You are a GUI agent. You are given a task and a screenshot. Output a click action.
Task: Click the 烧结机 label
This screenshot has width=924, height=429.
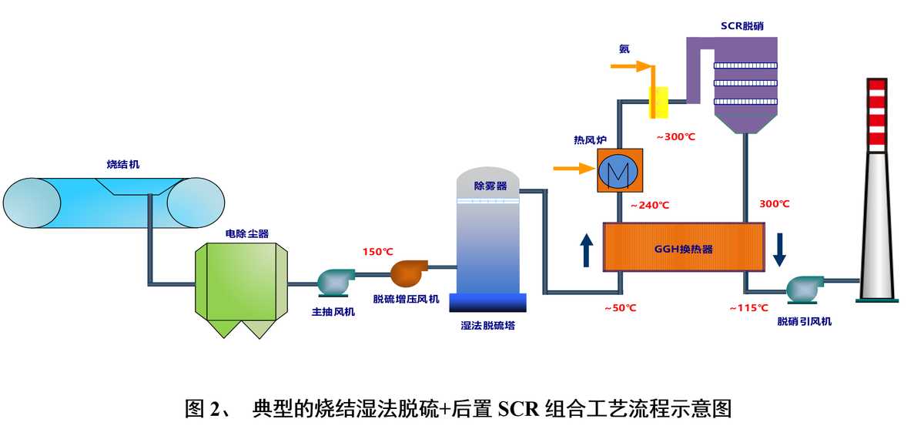[x=123, y=164]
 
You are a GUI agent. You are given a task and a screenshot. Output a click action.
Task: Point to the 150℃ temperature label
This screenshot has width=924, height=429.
[x=378, y=252]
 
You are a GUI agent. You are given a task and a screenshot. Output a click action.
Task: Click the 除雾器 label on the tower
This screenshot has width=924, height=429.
[x=490, y=186]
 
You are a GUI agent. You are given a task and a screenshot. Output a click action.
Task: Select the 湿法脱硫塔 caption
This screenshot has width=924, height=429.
[x=488, y=325]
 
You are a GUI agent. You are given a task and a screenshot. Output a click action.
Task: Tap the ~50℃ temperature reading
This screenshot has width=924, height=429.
[x=621, y=308]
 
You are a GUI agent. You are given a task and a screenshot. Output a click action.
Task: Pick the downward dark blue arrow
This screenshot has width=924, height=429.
[x=779, y=249]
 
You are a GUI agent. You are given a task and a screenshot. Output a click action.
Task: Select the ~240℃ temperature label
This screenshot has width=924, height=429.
[x=650, y=206]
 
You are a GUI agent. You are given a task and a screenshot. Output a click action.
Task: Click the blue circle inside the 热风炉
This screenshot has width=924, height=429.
[x=621, y=170]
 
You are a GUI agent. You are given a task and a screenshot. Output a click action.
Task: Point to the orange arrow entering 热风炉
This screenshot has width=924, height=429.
[x=574, y=166]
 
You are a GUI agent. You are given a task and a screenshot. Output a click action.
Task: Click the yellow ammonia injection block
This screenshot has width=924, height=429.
[x=659, y=102]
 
